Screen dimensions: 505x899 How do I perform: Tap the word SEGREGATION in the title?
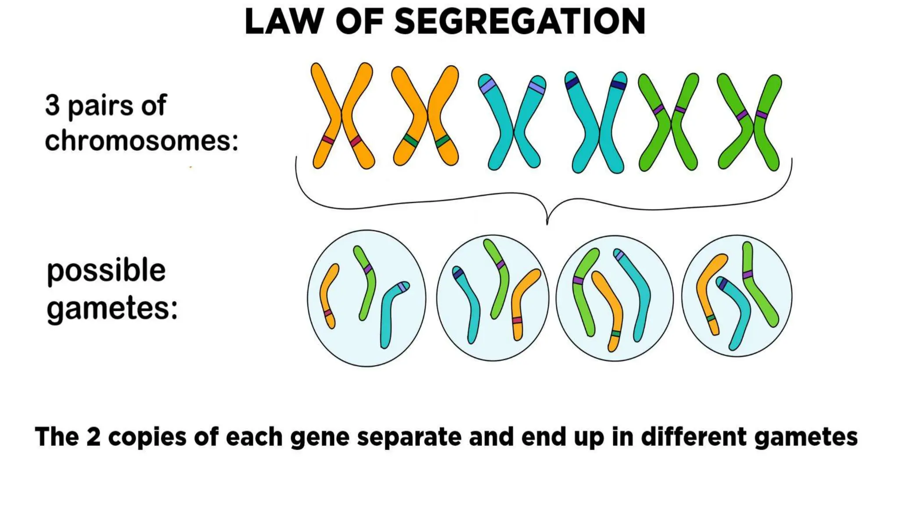coord(520,21)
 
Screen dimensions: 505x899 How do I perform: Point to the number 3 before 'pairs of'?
coord(52,106)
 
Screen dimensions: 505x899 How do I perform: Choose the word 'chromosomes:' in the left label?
coord(141,141)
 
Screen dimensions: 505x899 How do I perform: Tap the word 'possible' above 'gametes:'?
coord(106,271)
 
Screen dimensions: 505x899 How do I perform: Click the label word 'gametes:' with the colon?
coord(112,309)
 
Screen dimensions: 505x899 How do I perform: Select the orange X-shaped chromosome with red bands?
coord(342,116)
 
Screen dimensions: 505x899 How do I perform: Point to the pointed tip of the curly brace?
coord(547,224)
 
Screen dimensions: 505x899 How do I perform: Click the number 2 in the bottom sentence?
coord(93,437)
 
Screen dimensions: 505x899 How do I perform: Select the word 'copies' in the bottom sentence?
coord(147,437)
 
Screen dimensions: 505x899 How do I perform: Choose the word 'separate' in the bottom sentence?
coord(409,437)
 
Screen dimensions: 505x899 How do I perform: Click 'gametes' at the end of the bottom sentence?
coord(806,437)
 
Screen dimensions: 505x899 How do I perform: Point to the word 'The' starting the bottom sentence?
coord(56,437)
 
